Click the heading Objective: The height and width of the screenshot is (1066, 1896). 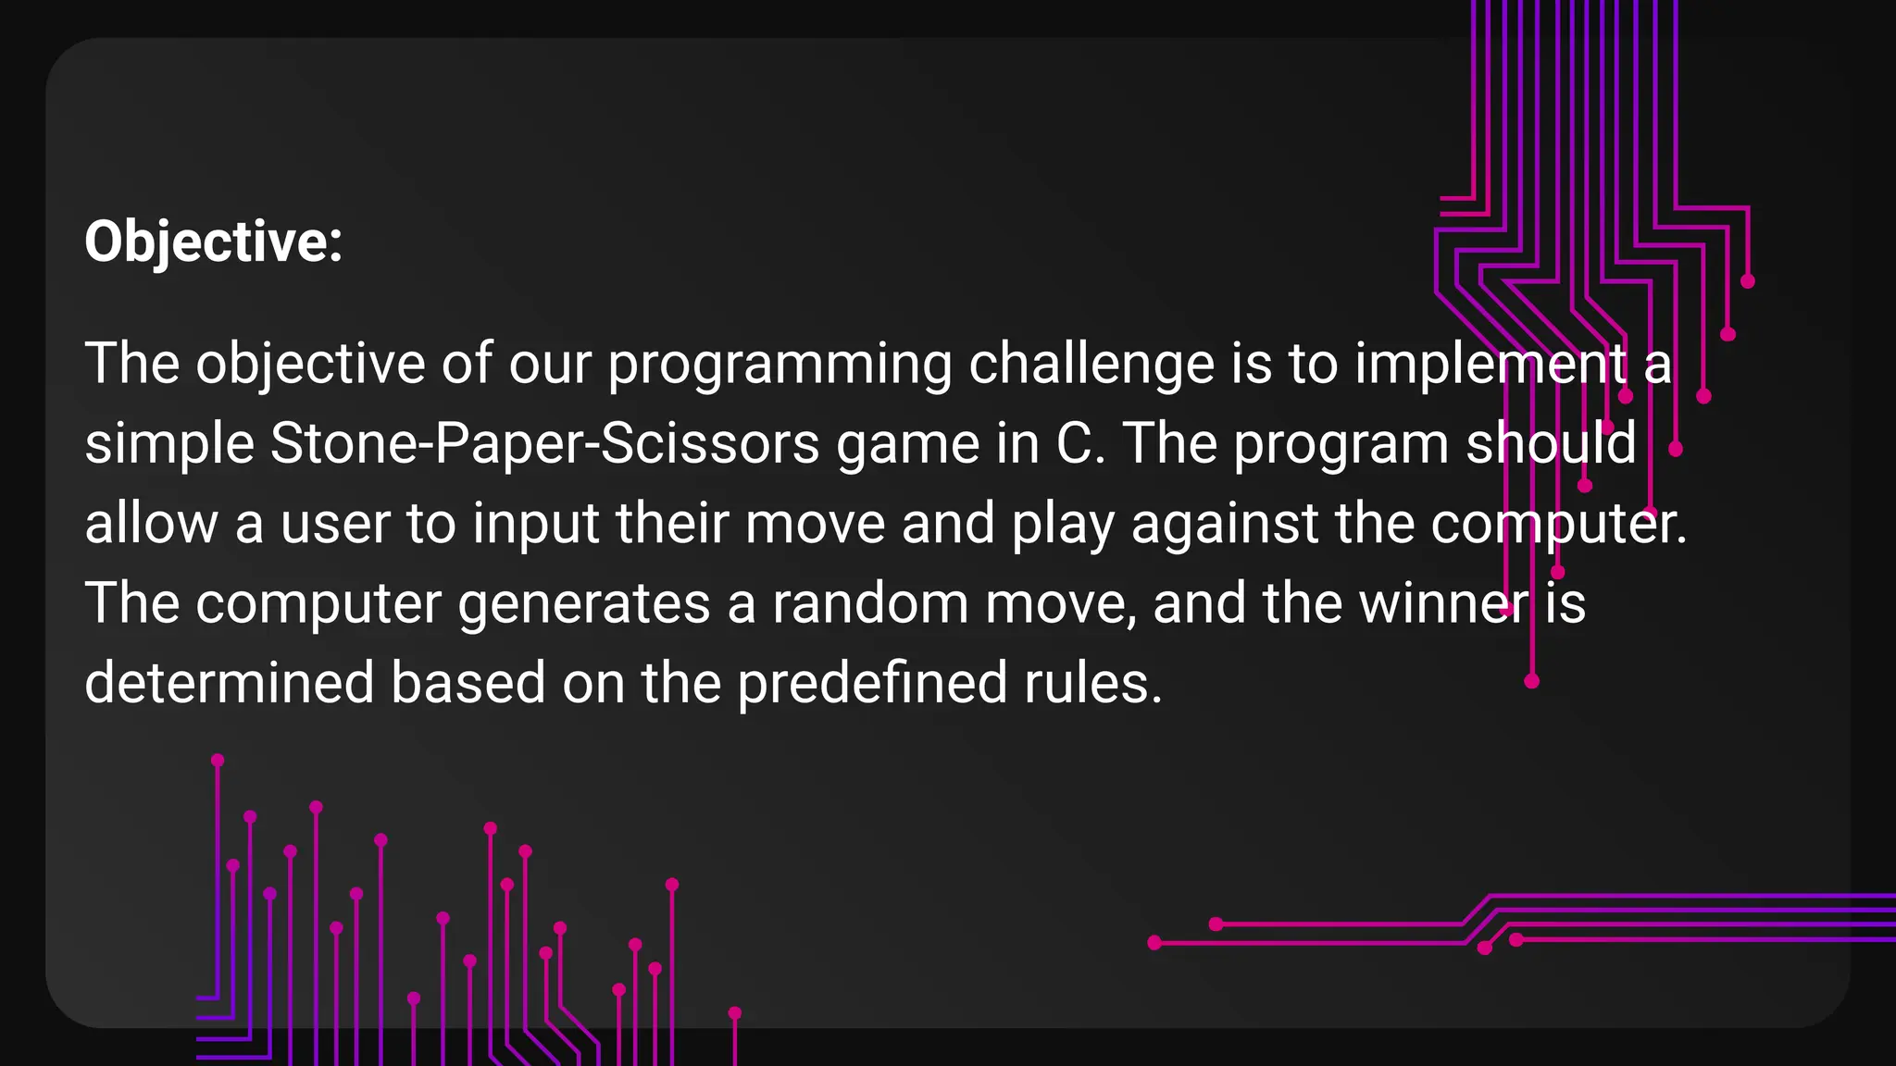pyautogui.click(x=214, y=242)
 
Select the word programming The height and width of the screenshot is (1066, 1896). pyautogui.click(x=780, y=365)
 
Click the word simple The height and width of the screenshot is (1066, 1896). pyautogui.click(x=169, y=444)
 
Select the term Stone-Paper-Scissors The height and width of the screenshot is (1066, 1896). pyautogui.click(x=544, y=444)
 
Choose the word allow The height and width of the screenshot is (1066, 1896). pyautogui.click(x=151, y=524)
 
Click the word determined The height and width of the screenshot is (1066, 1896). pyautogui.click(x=229, y=683)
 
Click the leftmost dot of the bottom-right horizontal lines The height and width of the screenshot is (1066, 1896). pyautogui.click(x=1154, y=943)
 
